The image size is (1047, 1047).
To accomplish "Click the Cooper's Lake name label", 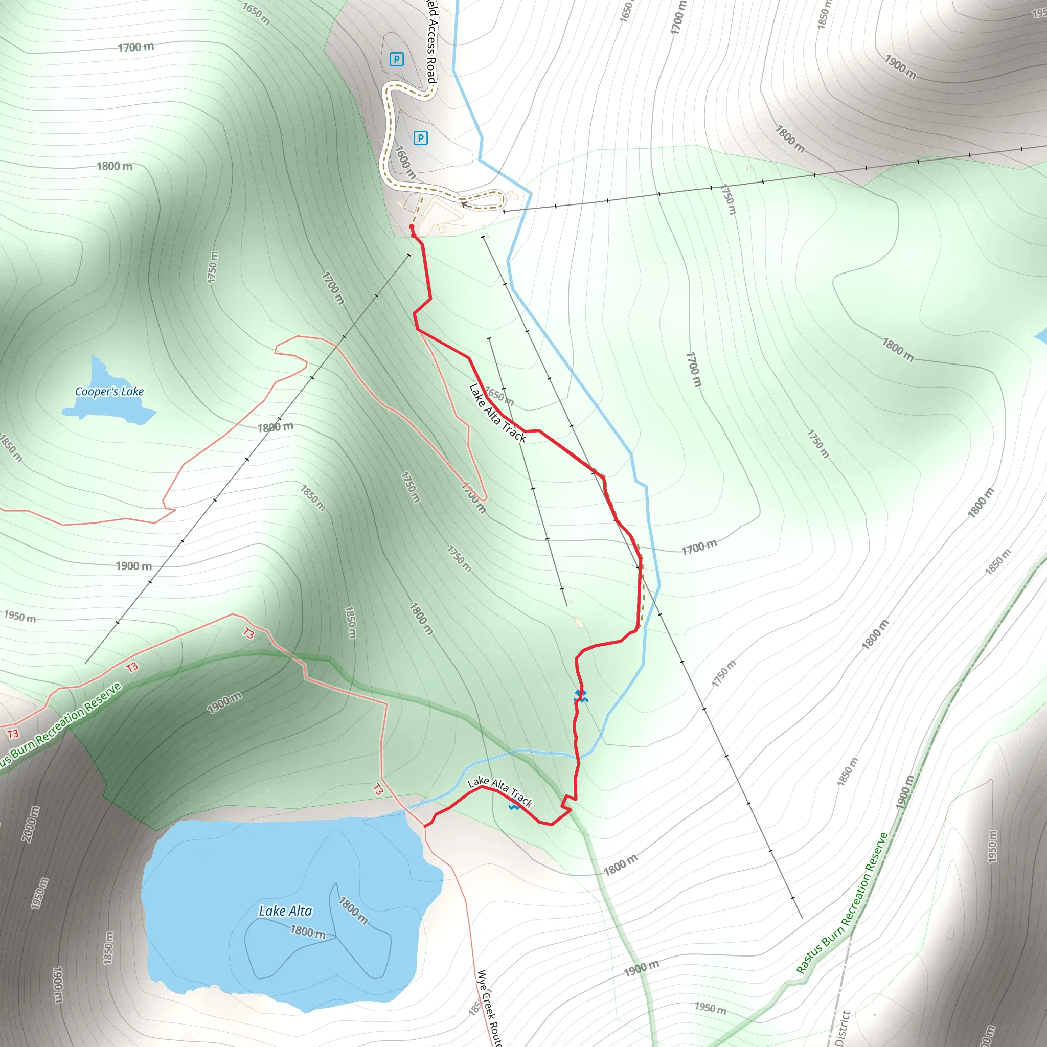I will coord(109,391).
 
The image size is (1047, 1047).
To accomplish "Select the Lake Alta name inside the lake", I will coord(285,911).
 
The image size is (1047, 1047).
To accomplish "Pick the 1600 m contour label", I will coord(404,162).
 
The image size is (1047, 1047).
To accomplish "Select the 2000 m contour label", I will coord(31,824).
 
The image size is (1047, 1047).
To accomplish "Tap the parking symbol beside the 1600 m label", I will coord(420,138).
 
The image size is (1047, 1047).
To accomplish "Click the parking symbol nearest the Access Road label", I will coord(396,59).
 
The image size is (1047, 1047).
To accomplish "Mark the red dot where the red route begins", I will coord(412,227).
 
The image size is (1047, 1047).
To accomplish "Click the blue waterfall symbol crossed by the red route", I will coord(580,696).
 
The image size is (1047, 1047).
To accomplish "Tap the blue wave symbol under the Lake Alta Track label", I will coord(514,806).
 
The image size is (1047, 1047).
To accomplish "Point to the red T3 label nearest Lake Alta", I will coord(378,789).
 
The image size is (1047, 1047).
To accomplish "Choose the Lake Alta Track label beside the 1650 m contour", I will coord(497,413).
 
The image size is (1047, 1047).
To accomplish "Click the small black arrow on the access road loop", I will coord(463,204).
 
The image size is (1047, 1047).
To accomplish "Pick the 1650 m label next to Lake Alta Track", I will coord(498,396).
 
